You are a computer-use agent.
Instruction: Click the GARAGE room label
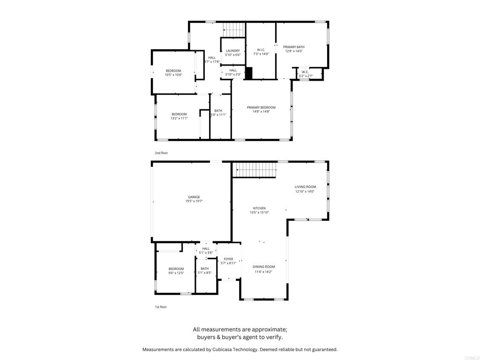[x=194, y=197]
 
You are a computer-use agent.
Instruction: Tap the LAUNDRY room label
[x=233, y=51]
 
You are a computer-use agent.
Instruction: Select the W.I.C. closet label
[x=261, y=50]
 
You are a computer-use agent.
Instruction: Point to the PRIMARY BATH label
[x=294, y=47]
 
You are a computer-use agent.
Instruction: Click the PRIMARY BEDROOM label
[x=261, y=107]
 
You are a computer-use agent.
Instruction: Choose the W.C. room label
[x=305, y=72]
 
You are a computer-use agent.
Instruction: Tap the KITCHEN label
[x=259, y=208]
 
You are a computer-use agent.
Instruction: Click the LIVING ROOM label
[x=305, y=187]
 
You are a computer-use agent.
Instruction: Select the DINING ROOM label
[x=263, y=267]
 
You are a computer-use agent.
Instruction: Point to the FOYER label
[x=228, y=259]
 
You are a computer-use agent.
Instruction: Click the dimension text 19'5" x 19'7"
[x=194, y=201]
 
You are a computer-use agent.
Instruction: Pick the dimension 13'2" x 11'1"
[x=179, y=118]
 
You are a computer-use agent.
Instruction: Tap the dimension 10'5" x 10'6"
[x=173, y=75]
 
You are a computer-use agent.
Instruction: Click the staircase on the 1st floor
[x=254, y=170]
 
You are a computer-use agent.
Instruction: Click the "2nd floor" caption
[x=161, y=153]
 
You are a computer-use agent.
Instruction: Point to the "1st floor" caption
[x=161, y=307]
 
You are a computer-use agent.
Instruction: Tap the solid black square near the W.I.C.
[x=249, y=73]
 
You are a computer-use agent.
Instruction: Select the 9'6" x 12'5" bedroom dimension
[x=176, y=273]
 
